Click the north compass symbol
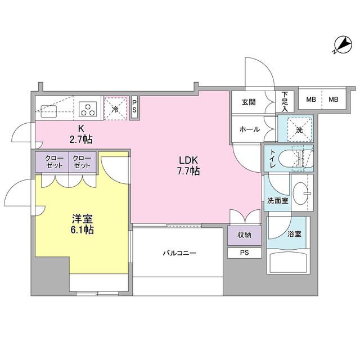tap(341, 43)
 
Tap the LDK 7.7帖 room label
tap(189, 165)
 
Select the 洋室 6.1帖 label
tap(82, 223)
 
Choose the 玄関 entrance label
tap(249, 102)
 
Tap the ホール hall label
tap(249, 129)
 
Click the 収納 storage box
tap(245, 235)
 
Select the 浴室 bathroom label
tap(294, 233)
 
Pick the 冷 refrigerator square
tap(115, 108)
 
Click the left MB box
tap(310, 100)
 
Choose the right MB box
tap(333, 100)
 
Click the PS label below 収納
tap(245, 253)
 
